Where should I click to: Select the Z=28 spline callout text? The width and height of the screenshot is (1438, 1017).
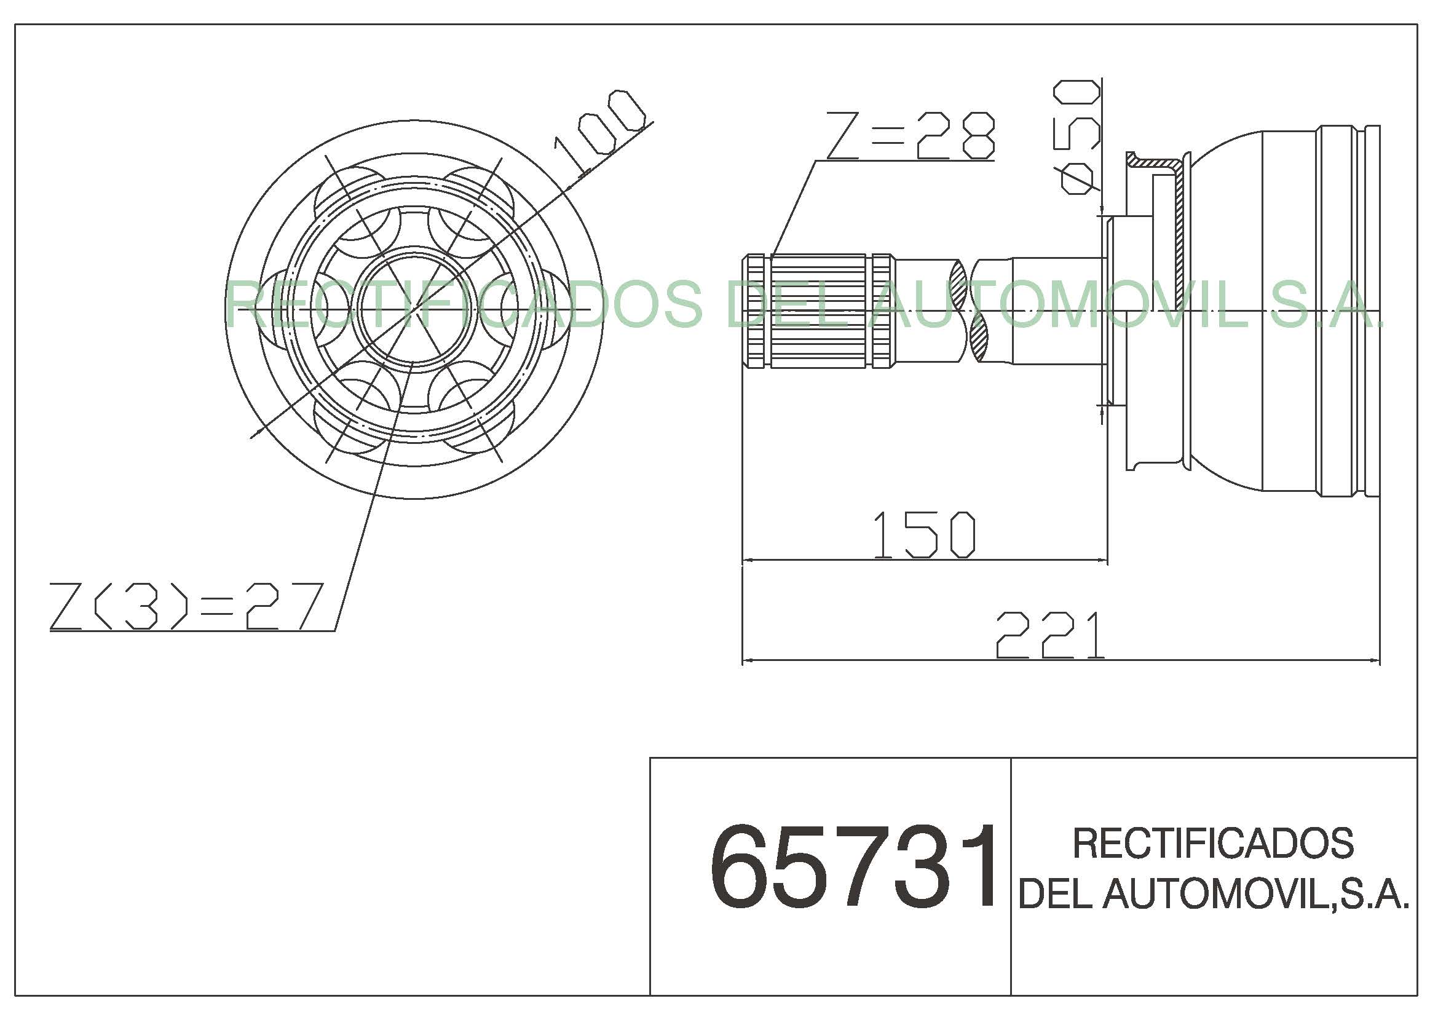tap(911, 135)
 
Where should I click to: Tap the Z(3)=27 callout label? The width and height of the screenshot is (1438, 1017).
tap(187, 606)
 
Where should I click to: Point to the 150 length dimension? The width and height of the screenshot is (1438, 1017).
tap(924, 534)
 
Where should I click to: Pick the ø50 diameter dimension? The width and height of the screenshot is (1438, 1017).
tap(1077, 137)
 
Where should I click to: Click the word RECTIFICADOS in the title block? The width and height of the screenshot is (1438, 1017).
tap(1213, 844)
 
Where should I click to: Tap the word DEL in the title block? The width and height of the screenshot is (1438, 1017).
tap(1056, 893)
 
